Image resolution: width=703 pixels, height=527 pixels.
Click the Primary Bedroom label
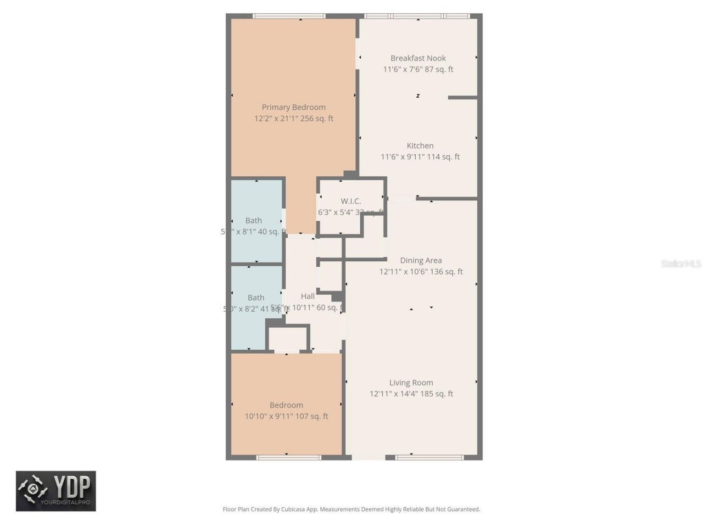(x=293, y=107)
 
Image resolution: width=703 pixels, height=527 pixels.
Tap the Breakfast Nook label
(x=418, y=58)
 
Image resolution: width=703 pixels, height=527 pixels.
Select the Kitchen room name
(x=420, y=145)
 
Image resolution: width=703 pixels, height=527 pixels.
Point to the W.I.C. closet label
(x=350, y=201)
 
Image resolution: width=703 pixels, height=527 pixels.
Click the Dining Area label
(x=421, y=260)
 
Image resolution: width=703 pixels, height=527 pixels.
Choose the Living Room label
(x=411, y=383)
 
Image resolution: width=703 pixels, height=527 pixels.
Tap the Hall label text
(x=308, y=296)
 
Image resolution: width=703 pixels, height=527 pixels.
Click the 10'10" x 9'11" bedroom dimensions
(x=286, y=416)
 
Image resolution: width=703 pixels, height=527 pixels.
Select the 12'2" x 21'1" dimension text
(x=293, y=119)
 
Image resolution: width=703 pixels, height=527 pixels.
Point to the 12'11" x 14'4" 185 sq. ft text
(x=411, y=394)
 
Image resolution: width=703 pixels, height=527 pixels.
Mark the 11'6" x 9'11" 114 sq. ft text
(x=420, y=157)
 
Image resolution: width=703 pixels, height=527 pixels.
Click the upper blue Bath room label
(x=254, y=221)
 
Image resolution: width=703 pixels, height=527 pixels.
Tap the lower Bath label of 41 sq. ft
(x=256, y=298)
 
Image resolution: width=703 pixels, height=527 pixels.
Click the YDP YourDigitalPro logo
(x=56, y=491)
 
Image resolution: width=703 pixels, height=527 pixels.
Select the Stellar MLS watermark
(x=680, y=264)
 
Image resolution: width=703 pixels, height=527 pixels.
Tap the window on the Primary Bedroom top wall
(x=289, y=16)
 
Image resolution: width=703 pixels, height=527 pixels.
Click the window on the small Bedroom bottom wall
(x=288, y=457)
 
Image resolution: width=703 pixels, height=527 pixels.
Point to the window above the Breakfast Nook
(x=417, y=16)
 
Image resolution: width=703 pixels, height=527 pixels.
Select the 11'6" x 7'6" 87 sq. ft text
(x=418, y=70)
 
